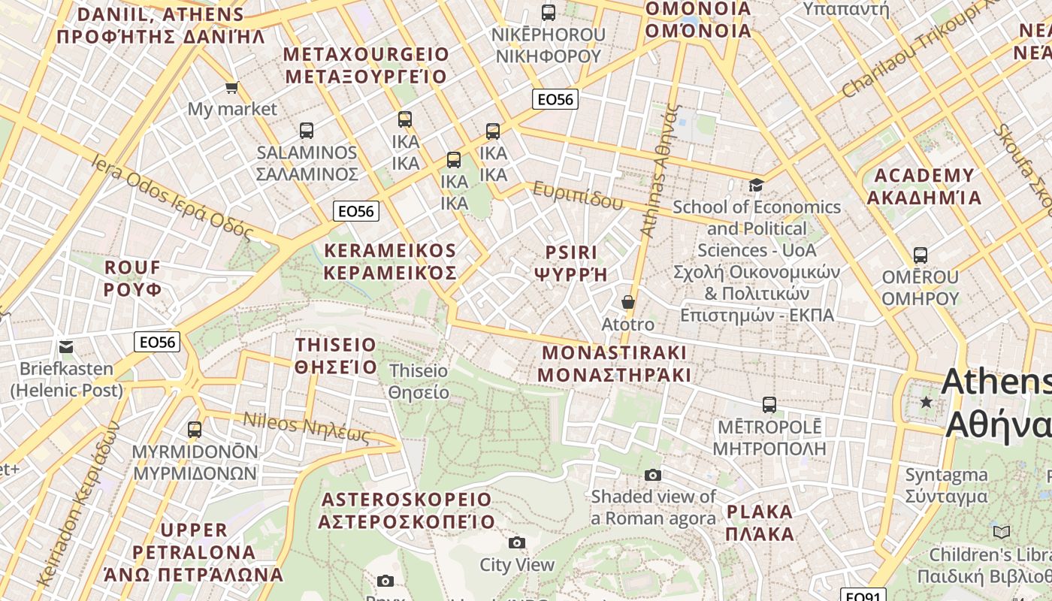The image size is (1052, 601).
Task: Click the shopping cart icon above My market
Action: coord(232,87)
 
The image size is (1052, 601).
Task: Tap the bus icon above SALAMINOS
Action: coord(306,131)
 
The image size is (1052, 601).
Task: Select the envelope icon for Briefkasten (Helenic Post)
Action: coord(66,347)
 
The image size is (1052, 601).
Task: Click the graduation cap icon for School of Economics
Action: coord(756,185)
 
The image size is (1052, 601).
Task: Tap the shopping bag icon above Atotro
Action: coord(628,302)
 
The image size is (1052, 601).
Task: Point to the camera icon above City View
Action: coord(516,542)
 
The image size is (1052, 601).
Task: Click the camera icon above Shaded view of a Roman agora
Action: coord(653,475)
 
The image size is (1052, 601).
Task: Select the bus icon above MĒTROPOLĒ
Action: coord(769,405)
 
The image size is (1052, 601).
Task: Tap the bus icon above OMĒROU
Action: coord(920,255)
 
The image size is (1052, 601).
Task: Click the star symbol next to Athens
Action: coord(927,403)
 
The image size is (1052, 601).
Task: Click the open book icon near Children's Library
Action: coord(1001,532)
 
